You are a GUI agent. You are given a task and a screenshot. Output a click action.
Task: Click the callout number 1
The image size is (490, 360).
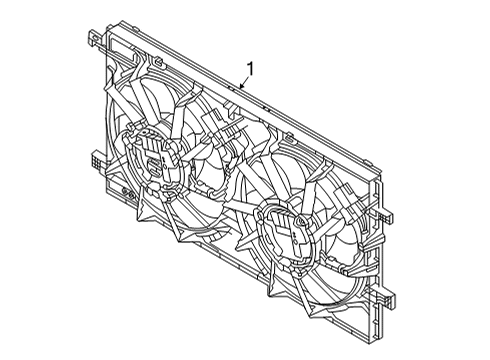pyautogui.click(x=250, y=69)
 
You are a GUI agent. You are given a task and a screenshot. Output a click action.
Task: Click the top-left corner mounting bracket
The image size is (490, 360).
pyautogui.click(x=92, y=42)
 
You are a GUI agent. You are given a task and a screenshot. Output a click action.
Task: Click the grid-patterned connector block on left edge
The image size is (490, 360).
pyautogui.click(x=97, y=160)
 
